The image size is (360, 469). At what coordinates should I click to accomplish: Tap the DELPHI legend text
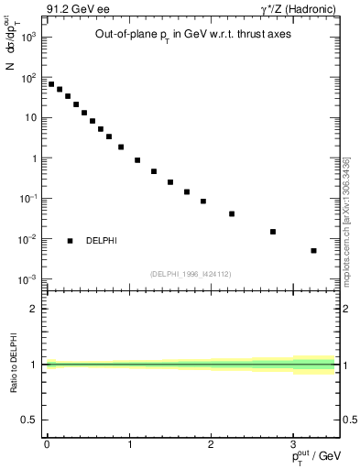tap(101, 241)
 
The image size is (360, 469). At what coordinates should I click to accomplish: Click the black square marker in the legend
tap(70, 241)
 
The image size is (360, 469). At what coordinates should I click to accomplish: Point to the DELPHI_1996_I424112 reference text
tap(191, 274)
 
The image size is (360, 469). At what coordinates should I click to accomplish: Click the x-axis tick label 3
tap(293, 443)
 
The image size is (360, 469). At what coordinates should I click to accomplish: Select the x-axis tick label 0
tap(47, 443)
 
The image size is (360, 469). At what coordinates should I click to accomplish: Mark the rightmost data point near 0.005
tap(313, 250)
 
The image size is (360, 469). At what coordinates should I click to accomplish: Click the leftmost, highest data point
tap(51, 84)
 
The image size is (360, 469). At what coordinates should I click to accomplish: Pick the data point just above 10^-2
tap(273, 232)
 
